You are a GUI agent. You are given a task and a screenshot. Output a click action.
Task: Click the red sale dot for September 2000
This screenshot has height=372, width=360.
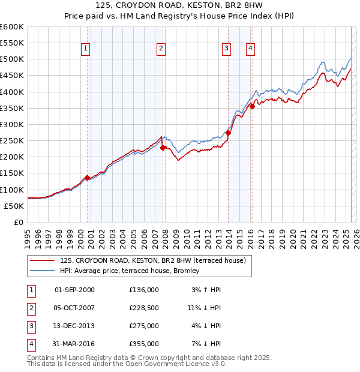[x=87, y=178]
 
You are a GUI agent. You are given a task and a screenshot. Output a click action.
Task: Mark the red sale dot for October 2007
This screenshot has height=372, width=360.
[x=163, y=148]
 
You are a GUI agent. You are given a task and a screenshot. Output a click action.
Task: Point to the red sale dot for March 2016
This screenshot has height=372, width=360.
[x=253, y=107]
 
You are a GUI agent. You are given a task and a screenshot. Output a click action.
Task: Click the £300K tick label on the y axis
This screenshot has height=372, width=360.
[x=11, y=124]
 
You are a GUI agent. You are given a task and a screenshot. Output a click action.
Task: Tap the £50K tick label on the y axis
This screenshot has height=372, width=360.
[x=14, y=206]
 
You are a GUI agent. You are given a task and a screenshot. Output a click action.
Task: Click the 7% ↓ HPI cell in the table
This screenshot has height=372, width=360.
[x=207, y=344]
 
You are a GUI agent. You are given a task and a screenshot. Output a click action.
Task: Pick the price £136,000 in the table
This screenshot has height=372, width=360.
[x=144, y=289]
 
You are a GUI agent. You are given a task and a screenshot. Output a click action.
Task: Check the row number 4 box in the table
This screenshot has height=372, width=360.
[x=30, y=344]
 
